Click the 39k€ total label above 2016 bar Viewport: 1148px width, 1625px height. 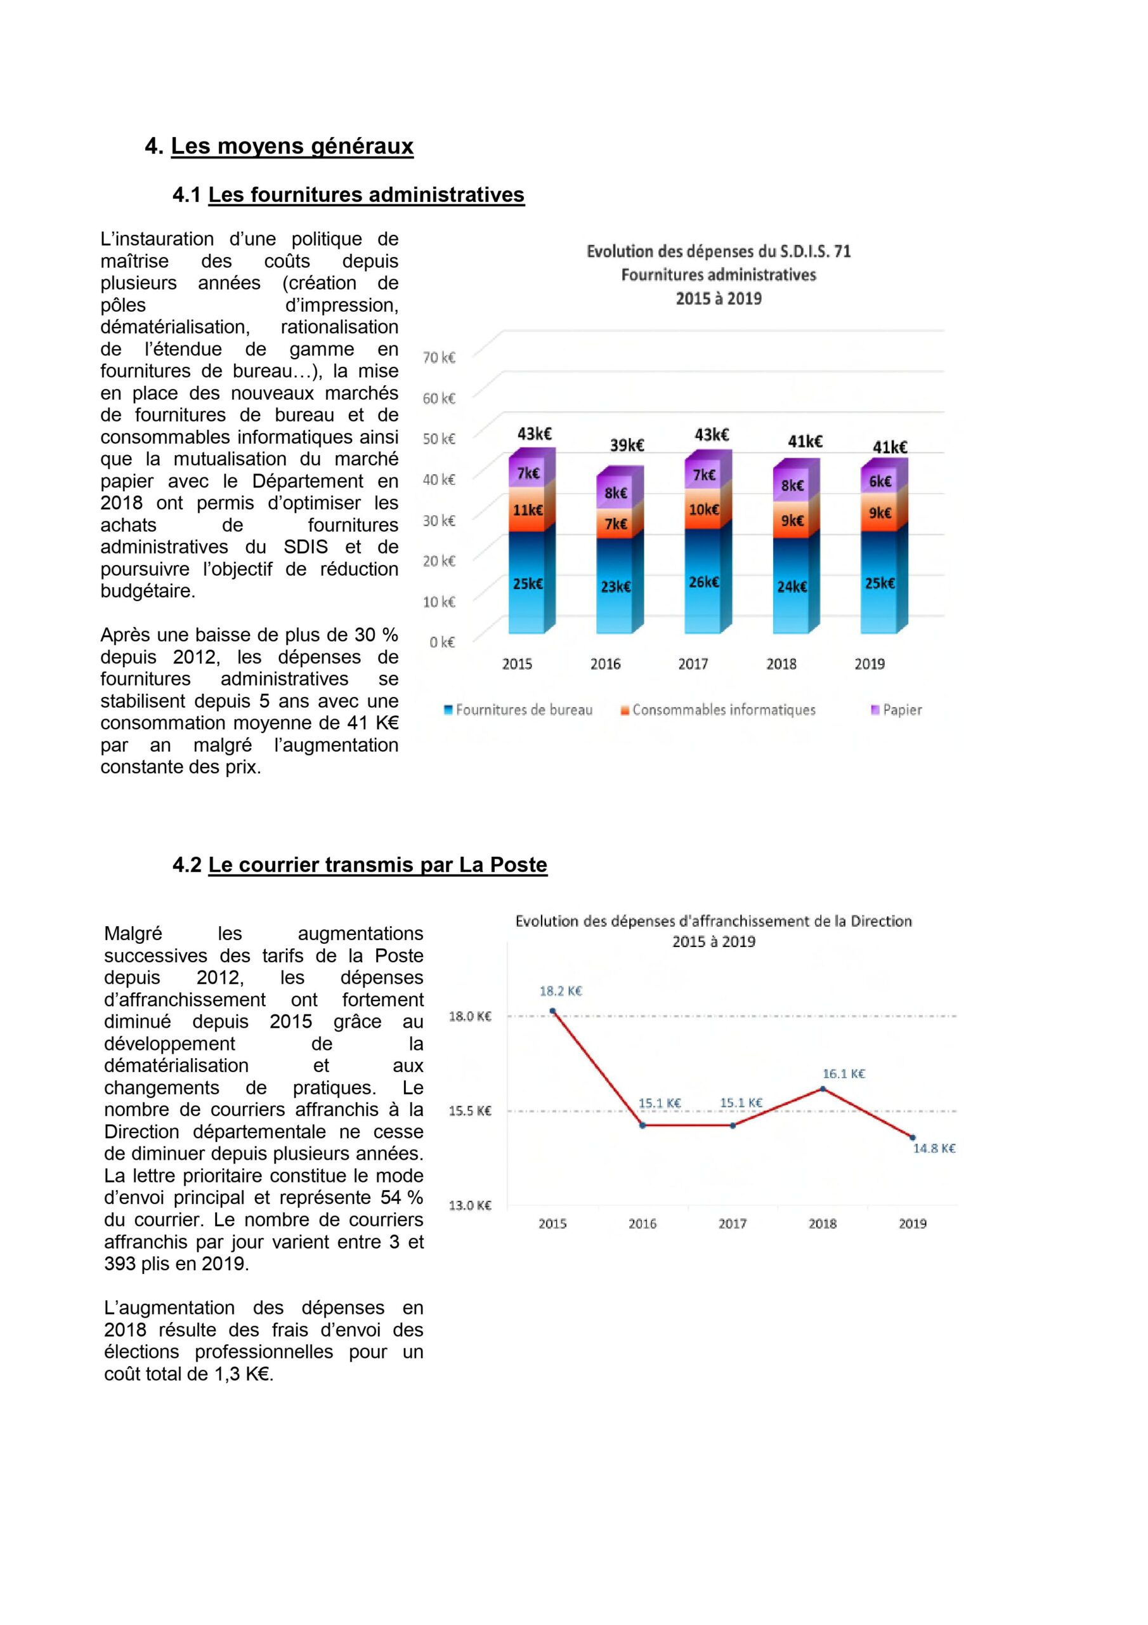coord(627,445)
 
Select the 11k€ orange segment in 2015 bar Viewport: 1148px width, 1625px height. coord(528,510)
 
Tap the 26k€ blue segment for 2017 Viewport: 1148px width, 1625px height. coord(704,582)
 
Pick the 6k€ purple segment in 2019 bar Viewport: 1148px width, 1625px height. coord(880,481)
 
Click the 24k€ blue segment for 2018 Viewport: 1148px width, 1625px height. coord(792,586)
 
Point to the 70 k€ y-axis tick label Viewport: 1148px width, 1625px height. coord(438,357)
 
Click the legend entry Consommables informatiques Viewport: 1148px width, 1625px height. coord(723,710)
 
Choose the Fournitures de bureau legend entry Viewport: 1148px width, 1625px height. coord(523,710)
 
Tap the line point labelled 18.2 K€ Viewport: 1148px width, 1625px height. coord(552,1011)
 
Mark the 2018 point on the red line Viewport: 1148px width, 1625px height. coord(823,1089)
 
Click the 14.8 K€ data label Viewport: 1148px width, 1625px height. coord(934,1148)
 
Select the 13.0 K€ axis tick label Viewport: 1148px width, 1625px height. coord(470,1205)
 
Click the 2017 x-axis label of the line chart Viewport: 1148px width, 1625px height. coord(732,1224)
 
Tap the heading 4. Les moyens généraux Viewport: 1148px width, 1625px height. coord(280,146)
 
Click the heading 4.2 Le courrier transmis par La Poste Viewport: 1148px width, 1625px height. coord(360,865)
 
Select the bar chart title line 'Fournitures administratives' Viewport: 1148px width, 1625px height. coord(718,275)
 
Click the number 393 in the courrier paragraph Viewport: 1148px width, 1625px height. coord(121,1263)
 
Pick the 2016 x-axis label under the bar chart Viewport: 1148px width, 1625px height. coord(605,664)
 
